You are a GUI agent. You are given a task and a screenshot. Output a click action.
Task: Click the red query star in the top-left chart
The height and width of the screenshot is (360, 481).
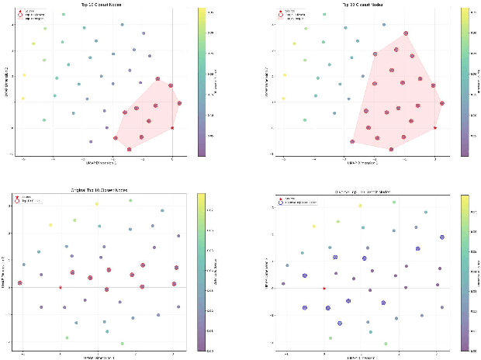(x=172, y=128)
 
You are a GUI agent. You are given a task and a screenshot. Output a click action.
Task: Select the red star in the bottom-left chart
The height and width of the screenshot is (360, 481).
(x=61, y=288)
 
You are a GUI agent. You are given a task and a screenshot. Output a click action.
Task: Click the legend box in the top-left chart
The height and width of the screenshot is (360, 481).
(x=33, y=15)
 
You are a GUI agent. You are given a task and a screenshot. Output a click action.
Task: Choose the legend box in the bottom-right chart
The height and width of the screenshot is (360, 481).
(x=299, y=199)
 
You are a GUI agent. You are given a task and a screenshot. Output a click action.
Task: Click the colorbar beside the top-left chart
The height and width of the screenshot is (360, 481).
(x=202, y=81)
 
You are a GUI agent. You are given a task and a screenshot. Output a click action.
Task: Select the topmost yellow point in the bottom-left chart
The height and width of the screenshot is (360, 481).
(x=97, y=204)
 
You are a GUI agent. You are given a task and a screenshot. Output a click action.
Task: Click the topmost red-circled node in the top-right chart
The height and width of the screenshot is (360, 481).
(x=405, y=33)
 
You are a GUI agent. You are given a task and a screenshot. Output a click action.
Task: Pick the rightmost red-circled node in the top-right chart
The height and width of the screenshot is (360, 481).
(x=442, y=103)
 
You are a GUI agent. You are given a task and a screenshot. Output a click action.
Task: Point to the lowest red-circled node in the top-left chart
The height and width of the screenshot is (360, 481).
(x=130, y=148)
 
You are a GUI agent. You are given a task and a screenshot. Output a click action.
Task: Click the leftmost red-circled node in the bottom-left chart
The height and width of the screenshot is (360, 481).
(x=20, y=283)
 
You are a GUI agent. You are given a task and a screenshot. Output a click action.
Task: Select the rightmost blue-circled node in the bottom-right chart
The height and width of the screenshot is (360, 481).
(x=441, y=237)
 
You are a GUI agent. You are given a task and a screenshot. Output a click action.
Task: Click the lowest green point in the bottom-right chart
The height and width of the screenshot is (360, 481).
(x=386, y=344)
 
